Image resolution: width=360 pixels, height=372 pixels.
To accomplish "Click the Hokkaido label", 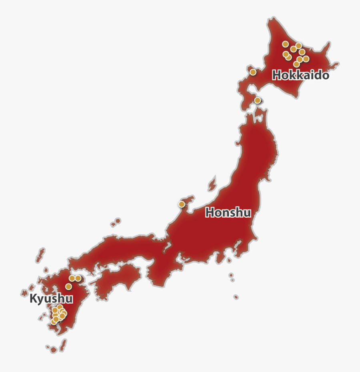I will click(x=301, y=75).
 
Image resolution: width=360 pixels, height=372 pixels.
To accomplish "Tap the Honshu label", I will click(x=228, y=212).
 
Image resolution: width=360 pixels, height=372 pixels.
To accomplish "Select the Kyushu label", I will click(x=51, y=299).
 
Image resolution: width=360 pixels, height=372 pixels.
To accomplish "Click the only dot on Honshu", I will click(x=182, y=204).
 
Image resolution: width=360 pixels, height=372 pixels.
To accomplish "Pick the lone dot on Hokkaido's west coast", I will click(x=253, y=72).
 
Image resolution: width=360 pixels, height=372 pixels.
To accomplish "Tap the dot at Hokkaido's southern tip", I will click(x=258, y=100).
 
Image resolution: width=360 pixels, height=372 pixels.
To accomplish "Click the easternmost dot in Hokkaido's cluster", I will click(x=306, y=59).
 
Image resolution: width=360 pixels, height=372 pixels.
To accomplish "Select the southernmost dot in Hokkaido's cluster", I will click(x=296, y=64).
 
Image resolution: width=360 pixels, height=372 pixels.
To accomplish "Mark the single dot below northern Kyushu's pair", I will click(x=68, y=286).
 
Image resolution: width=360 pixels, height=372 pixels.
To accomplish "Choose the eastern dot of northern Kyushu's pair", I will click(x=78, y=278).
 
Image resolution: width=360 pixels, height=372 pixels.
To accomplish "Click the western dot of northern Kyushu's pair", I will click(x=72, y=278).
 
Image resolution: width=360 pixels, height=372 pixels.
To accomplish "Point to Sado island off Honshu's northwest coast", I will click(x=212, y=184).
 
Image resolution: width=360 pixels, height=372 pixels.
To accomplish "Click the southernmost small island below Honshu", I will click(x=236, y=297).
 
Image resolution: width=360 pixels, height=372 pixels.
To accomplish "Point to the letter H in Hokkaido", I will click(x=276, y=75).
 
